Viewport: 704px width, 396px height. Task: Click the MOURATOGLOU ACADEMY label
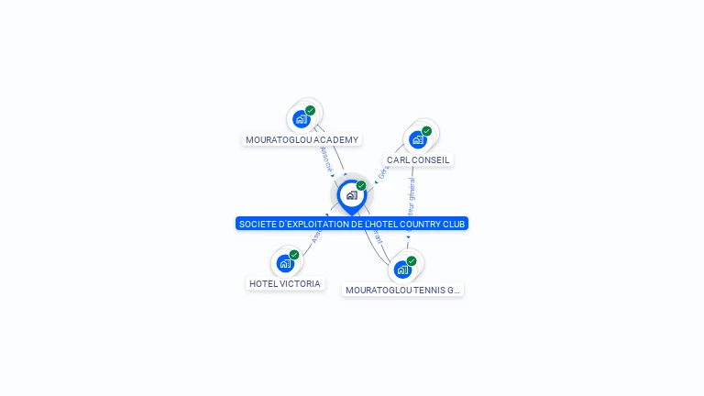pyautogui.click(x=302, y=139)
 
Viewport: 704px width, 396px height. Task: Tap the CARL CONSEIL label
pyautogui.click(x=418, y=159)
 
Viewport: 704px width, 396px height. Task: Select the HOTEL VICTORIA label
pyautogui.click(x=285, y=283)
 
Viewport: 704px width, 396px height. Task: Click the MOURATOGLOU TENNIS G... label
pyautogui.click(x=402, y=290)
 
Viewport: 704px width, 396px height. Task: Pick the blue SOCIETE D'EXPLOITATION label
pyautogui.click(x=352, y=224)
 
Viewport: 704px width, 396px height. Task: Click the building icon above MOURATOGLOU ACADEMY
pyautogui.click(x=301, y=118)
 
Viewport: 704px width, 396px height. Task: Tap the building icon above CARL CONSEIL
pyautogui.click(x=417, y=139)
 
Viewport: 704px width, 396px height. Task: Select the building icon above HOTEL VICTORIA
pyautogui.click(x=285, y=263)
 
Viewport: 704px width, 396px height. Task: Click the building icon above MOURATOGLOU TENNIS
pyautogui.click(x=401, y=269)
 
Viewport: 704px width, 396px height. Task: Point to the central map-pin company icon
pyautogui.click(x=351, y=195)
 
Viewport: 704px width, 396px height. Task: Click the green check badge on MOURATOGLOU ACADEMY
pyautogui.click(x=311, y=110)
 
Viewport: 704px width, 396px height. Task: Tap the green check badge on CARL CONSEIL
pyautogui.click(x=427, y=131)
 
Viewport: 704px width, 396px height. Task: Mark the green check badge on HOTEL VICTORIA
pyautogui.click(x=294, y=255)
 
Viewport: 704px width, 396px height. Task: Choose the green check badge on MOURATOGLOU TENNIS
pyautogui.click(x=412, y=261)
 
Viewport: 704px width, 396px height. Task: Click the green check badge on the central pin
pyautogui.click(x=361, y=186)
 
